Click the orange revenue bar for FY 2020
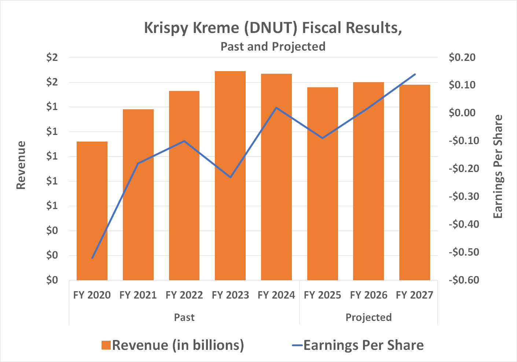tap(92, 211)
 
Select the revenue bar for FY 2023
tap(230, 176)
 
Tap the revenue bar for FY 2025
tap(322, 184)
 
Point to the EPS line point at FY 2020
tap(92, 258)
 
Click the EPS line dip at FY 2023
tap(230, 178)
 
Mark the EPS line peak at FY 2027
tap(415, 74)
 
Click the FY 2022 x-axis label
tap(184, 295)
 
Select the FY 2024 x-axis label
tap(276, 295)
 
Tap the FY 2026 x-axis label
tap(368, 295)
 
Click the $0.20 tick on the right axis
tap(462, 58)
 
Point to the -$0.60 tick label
tap(462, 280)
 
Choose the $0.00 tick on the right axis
tap(462, 113)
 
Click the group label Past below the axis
tap(184, 317)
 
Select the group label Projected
tap(368, 317)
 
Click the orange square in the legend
tap(106, 345)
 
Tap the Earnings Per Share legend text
tap(363, 345)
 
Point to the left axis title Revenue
tap(21, 165)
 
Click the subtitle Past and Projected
tap(273, 47)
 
